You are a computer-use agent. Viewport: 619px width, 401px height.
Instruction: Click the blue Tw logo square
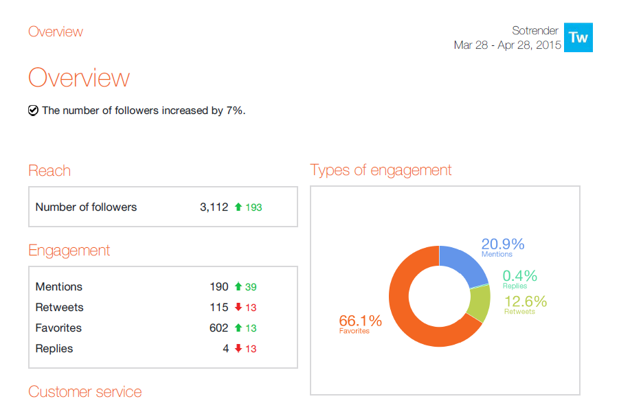click(578, 38)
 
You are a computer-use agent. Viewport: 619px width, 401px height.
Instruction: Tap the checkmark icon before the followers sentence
click(33, 110)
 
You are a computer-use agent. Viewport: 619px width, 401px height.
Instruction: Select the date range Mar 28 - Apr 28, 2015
click(507, 45)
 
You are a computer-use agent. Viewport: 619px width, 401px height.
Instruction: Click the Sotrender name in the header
click(535, 31)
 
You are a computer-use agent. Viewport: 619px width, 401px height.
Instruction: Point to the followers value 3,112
click(214, 207)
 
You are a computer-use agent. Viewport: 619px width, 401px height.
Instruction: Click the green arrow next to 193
click(238, 207)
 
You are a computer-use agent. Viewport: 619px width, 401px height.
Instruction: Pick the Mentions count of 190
click(218, 286)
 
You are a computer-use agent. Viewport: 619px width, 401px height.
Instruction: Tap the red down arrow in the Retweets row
click(238, 307)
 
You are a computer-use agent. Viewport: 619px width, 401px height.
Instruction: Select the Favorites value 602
click(218, 328)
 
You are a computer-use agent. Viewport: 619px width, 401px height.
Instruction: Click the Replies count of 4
click(225, 348)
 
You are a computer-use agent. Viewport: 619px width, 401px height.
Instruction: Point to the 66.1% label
click(360, 321)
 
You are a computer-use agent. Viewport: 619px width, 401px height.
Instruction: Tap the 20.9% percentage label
click(502, 244)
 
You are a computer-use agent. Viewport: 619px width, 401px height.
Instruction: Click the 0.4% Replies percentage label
click(519, 276)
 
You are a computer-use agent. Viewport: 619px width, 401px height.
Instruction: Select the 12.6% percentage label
click(526, 301)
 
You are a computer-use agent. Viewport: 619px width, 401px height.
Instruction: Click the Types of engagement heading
click(381, 170)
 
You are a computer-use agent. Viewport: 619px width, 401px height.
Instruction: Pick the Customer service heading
click(85, 391)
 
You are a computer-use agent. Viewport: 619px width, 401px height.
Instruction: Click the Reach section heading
click(49, 170)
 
